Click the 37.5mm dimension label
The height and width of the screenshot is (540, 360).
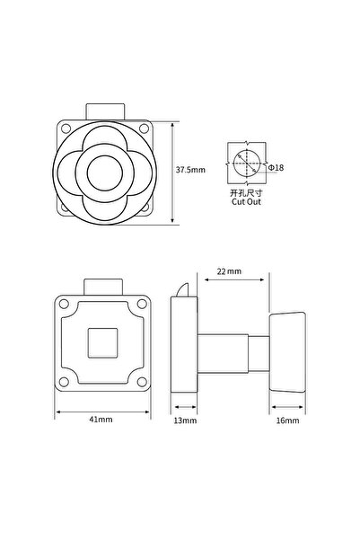pos(190,170)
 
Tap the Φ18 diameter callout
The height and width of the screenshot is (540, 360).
pos(276,168)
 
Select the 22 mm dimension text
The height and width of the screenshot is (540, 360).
pos(229,271)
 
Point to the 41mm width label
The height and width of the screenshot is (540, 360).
pos(101,419)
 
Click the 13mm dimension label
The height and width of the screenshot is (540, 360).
pos(185,420)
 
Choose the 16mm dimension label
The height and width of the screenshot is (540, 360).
pos(287,420)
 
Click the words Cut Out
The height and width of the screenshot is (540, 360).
pos(246,202)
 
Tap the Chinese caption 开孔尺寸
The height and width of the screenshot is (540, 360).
pos(246,193)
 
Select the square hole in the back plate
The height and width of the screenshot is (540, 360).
pos(103,343)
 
